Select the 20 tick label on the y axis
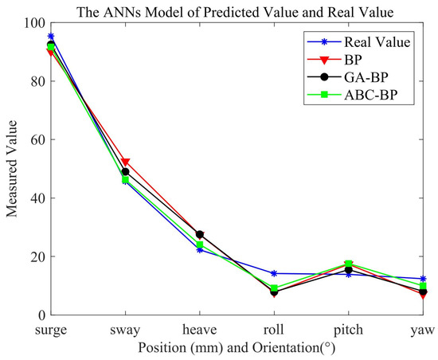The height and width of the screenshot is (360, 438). pos(36,256)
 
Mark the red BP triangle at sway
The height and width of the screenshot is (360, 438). pos(125,162)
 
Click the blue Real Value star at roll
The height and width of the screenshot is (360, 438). pos(274,274)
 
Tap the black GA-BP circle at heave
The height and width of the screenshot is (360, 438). pos(200,235)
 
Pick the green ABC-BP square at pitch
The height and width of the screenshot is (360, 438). pos(348,264)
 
